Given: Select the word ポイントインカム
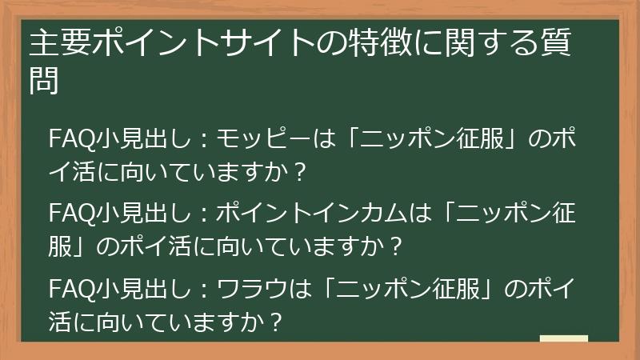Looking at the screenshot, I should [x=307, y=214].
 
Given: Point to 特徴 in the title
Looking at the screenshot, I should [x=367, y=45].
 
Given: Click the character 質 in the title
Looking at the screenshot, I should [x=561, y=45].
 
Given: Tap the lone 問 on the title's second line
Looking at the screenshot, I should [x=44, y=80].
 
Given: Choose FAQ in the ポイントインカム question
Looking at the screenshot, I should [x=72, y=214].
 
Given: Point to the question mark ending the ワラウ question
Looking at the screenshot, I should [x=277, y=321].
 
